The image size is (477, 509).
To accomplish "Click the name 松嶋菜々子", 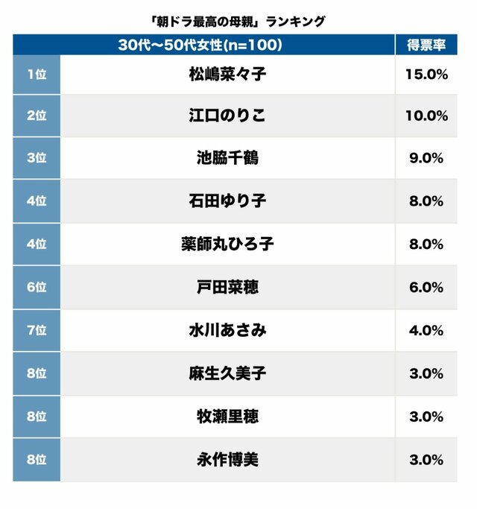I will (227, 74).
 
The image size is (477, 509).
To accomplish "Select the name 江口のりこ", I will (227, 116).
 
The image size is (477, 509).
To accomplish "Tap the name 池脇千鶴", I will (227, 158).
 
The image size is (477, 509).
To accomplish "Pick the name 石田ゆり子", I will (227, 200).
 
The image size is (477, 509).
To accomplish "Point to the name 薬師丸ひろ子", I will (227, 244).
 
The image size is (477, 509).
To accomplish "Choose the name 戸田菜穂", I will (227, 287).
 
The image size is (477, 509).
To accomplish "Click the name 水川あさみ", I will (227, 330).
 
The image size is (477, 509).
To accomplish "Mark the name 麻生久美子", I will (227, 373).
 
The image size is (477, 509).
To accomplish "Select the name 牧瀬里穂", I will (227, 417).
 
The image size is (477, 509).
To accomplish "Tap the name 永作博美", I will (227, 460).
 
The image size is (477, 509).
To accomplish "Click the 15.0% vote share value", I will (427, 74).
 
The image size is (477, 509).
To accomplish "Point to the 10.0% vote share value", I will (427, 116).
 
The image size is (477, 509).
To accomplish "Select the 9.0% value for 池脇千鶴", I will (427, 158).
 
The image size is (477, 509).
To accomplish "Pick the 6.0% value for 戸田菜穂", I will (427, 287).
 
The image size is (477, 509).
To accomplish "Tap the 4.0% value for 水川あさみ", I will (427, 330).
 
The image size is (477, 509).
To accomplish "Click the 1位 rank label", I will (36, 74).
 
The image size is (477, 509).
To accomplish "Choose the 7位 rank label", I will (36, 330).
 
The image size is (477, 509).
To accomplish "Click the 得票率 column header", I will (427, 45).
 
